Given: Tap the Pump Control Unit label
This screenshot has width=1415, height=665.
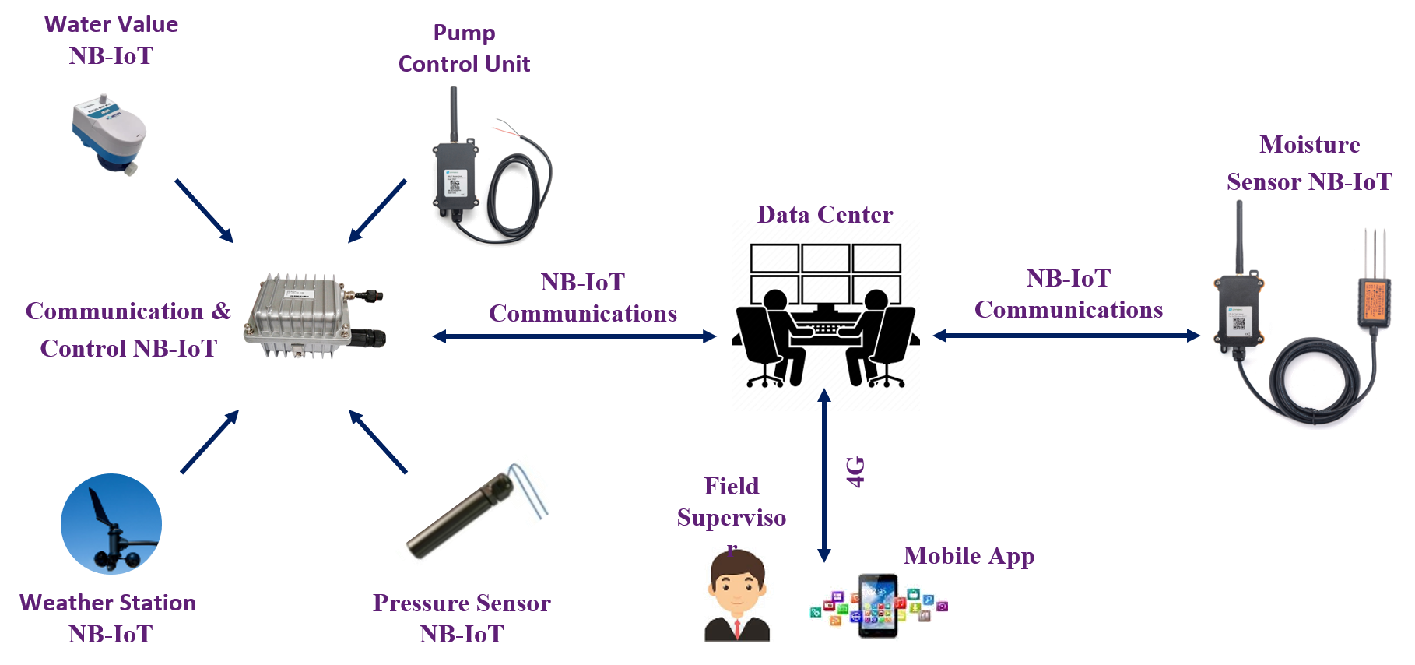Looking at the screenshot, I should [x=464, y=48].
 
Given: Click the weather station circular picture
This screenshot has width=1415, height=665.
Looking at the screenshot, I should [x=111, y=524].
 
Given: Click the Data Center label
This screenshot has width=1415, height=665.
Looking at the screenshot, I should [x=825, y=214].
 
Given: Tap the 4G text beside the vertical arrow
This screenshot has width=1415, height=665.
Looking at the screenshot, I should [x=855, y=472].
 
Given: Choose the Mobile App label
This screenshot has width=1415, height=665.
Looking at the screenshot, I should [x=968, y=556].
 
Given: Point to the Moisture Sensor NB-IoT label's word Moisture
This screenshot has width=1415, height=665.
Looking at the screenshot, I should [x=1309, y=145].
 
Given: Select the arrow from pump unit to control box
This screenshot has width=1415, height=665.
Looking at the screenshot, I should [x=377, y=211].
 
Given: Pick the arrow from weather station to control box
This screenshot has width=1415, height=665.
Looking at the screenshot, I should [x=209, y=442].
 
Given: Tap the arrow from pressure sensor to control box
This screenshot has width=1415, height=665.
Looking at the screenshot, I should [x=378, y=442].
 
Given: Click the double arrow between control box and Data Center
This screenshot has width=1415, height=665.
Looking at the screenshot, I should [x=574, y=336].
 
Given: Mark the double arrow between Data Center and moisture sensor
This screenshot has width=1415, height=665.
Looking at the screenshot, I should [x=1066, y=336].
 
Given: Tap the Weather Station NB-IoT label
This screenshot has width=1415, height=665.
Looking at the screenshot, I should [x=108, y=618].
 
